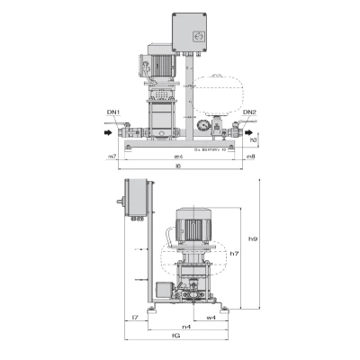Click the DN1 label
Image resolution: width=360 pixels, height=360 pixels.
(x=115, y=112)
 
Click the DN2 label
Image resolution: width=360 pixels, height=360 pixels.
(x=249, y=112)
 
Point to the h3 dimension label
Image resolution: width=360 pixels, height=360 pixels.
(x=255, y=140)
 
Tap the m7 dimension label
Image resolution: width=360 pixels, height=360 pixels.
(x=112, y=157)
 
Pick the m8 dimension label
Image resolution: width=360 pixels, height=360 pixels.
(x=250, y=157)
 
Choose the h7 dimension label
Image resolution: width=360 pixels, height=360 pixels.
(x=233, y=255)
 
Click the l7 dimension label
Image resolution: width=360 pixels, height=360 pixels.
(x=134, y=318)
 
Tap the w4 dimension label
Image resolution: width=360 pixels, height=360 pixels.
(x=211, y=318)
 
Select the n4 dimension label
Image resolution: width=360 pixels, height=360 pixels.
(x=185, y=326)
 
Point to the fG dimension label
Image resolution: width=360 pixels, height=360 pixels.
(x=178, y=337)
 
